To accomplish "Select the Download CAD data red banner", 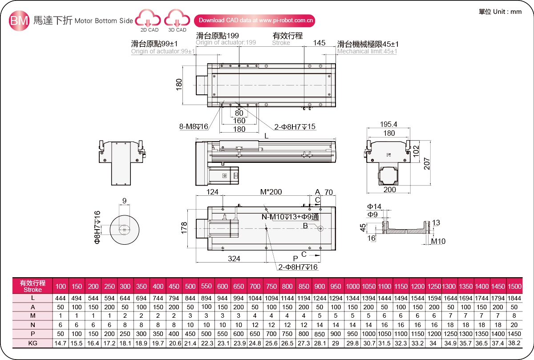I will tap(255, 20).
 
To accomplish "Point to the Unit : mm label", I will tap(500, 12).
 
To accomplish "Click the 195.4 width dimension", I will tap(388, 125).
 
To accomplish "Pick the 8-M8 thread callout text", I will tap(194, 127).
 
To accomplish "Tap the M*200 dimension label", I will tap(271, 192).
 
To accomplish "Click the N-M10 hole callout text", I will tap(290, 217).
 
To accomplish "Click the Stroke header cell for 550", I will tap(206, 286).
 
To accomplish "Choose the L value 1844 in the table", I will tap(514, 297).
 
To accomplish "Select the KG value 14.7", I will tap(61, 343).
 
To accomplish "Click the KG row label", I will tap(32, 343).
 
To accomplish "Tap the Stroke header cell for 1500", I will tap(514, 286).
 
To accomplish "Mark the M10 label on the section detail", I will tap(437, 242).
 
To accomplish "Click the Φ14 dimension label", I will tap(374, 206).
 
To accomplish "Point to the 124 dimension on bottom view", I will tap(212, 192).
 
